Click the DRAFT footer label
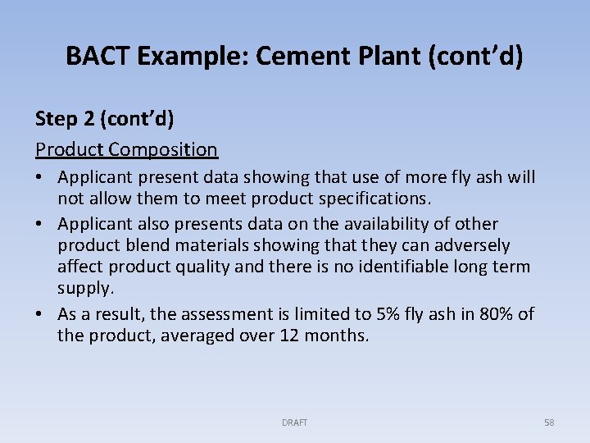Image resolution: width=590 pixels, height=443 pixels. pos(295,422)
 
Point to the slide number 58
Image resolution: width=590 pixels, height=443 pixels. pos(549,422)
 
